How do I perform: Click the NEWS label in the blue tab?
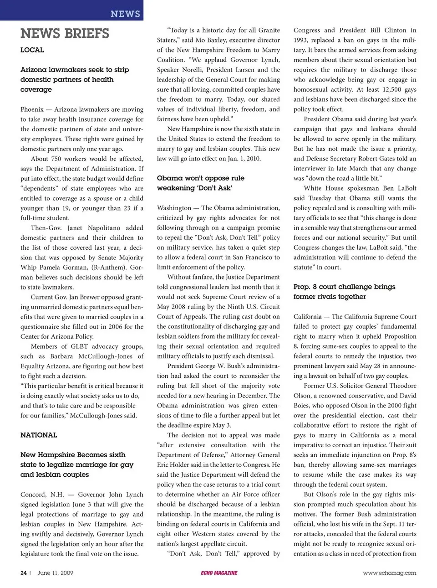(125, 14)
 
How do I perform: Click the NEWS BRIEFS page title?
(65, 33)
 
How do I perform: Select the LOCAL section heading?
(32, 50)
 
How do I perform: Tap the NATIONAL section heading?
(39, 435)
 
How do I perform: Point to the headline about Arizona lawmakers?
(75, 79)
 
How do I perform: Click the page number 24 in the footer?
(23, 573)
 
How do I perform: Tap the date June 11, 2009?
(55, 573)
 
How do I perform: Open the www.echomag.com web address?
(389, 573)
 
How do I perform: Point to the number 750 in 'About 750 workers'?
(58, 159)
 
